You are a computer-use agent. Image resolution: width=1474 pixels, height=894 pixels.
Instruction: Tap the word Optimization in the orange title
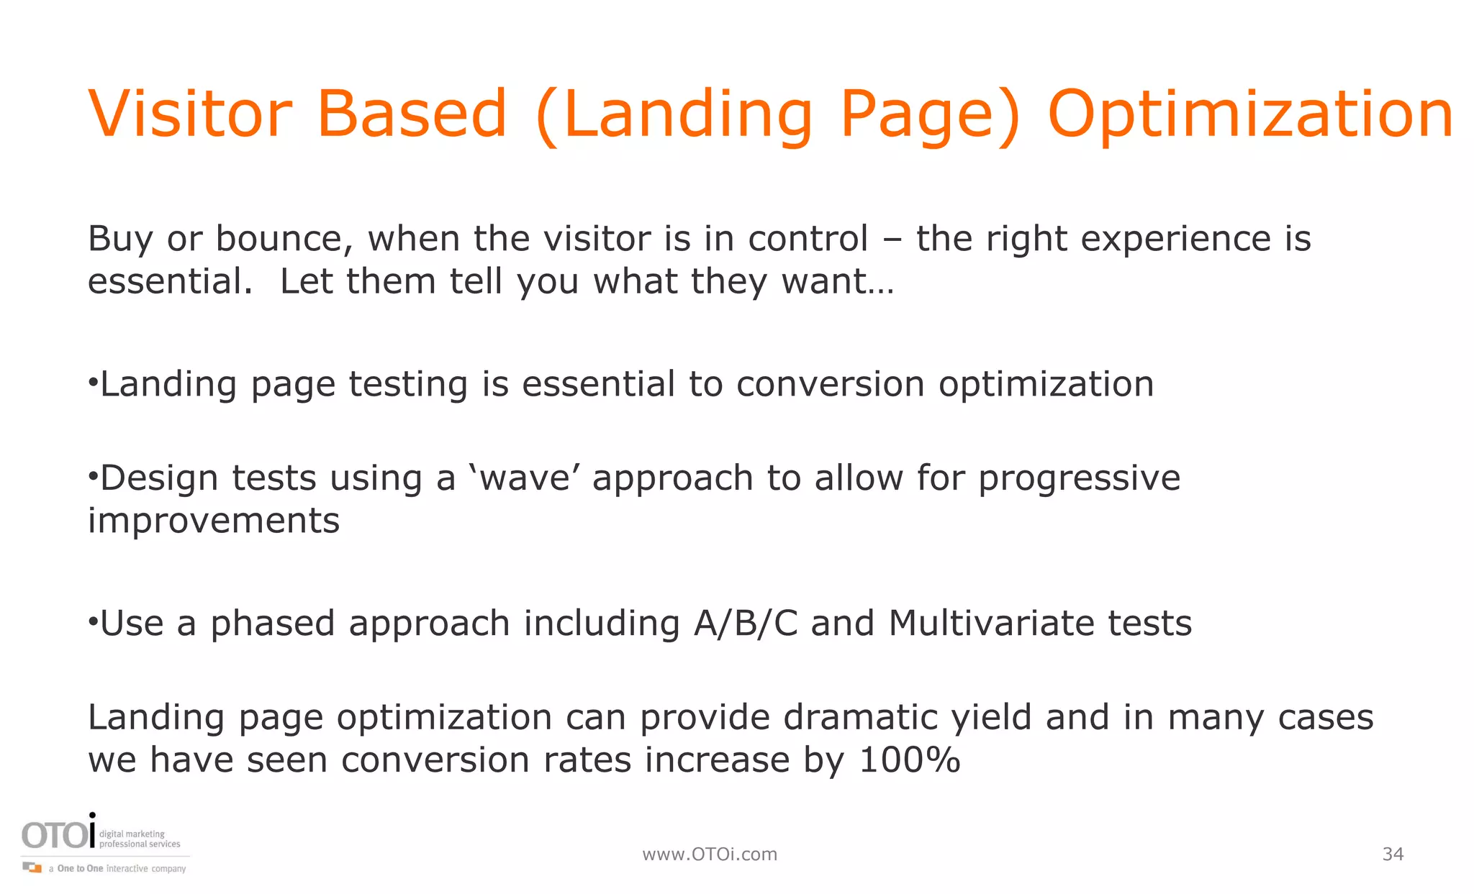coord(1250,115)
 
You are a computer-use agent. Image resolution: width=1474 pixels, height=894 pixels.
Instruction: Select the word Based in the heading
coord(412,114)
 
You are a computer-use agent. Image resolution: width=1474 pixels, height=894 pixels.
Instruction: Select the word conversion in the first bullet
coord(830,384)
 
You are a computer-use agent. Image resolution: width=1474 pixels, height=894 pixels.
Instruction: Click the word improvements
coord(213,521)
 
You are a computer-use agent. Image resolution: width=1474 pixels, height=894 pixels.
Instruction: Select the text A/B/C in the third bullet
coord(746,624)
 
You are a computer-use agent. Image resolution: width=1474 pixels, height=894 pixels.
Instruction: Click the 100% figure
coord(910,760)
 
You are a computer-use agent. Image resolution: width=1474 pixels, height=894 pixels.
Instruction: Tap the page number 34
coord(1393,854)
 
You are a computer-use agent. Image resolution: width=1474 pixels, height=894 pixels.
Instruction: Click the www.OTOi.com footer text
coord(710,854)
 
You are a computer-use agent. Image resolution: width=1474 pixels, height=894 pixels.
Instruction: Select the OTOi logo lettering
coord(58,835)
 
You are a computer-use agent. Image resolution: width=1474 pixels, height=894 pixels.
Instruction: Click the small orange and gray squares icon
coord(32,867)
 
